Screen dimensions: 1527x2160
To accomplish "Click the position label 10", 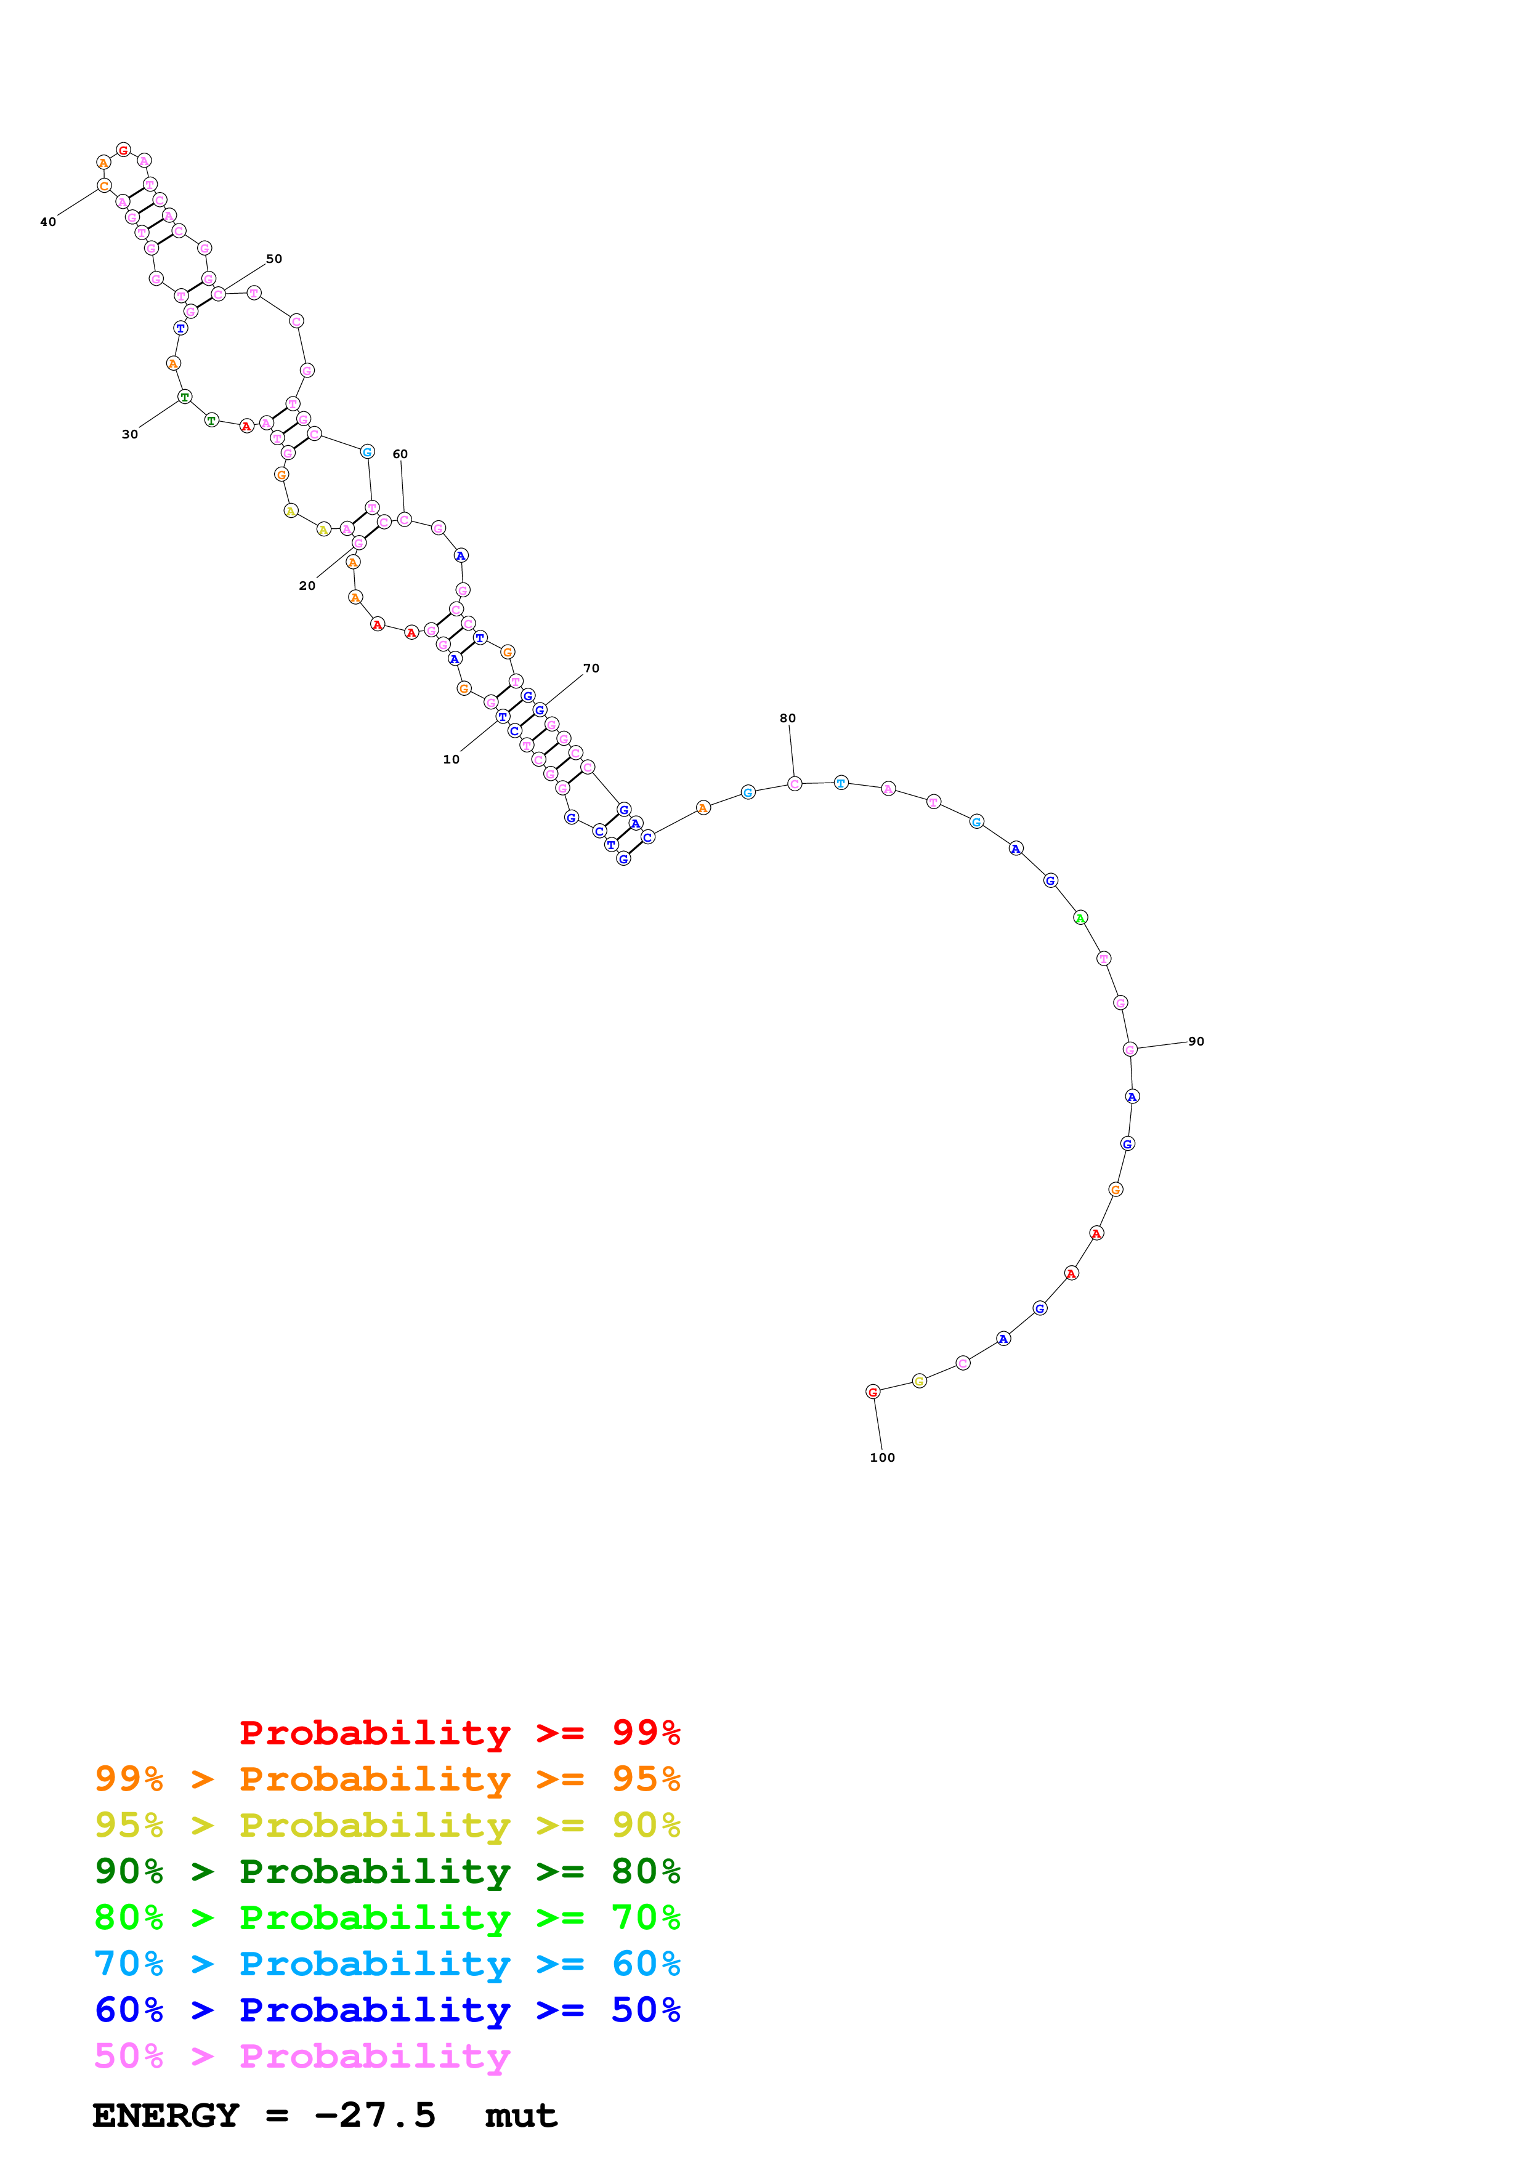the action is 451,759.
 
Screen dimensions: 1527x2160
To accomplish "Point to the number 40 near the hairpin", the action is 48,222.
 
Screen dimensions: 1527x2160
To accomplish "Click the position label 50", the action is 273,259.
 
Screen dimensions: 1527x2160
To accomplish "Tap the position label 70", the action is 591,668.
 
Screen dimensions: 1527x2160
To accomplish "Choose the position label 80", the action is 787,718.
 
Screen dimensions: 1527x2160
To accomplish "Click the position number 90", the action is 1196,1041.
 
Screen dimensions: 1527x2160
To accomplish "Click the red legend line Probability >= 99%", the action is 459,1732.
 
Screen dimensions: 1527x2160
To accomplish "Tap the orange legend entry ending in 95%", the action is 387,1778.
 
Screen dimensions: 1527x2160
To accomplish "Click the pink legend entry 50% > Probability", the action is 302,2055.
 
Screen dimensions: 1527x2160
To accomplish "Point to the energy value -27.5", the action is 375,2115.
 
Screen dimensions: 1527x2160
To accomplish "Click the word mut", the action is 520,2116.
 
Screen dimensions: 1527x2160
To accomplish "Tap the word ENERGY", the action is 166,2115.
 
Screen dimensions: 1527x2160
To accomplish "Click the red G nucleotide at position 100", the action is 873,1392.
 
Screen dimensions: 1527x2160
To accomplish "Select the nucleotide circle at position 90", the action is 1130,1049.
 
